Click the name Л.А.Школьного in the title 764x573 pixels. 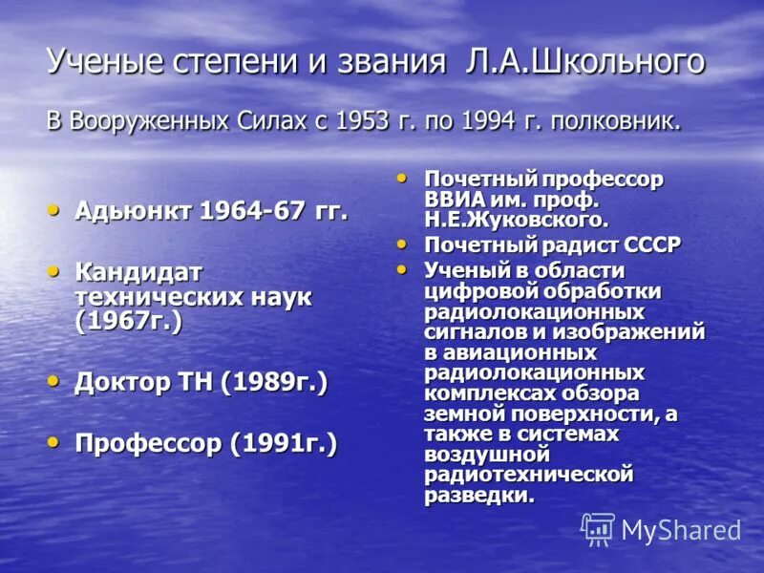(585, 63)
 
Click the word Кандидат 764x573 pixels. (138, 272)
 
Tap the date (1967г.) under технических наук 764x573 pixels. (129, 322)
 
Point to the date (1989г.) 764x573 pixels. (273, 383)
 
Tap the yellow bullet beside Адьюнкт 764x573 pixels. (54, 208)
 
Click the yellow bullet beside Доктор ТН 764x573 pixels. (54, 380)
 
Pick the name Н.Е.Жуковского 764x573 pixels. (517, 221)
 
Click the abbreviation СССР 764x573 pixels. (653, 245)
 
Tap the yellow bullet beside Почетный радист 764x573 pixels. (403, 243)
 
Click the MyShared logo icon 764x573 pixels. (598, 529)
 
